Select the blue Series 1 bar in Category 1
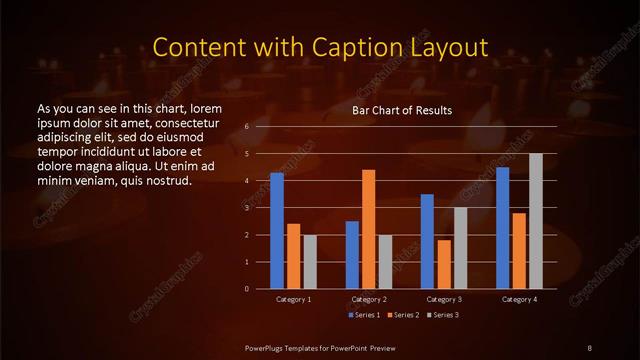coord(277,231)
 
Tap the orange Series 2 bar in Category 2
coord(368,229)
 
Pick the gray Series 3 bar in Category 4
coord(535,221)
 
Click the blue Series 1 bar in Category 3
coord(427,241)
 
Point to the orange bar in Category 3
coord(444,264)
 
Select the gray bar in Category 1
coord(310,262)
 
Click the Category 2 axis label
coord(369,300)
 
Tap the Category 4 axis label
coord(519,300)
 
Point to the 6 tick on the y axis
coord(246,127)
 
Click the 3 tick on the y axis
coord(246,208)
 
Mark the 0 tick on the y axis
coord(246,289)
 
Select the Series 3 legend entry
coord(445,315)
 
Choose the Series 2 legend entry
coord(403,315)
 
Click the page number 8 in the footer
coord(590,347)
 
